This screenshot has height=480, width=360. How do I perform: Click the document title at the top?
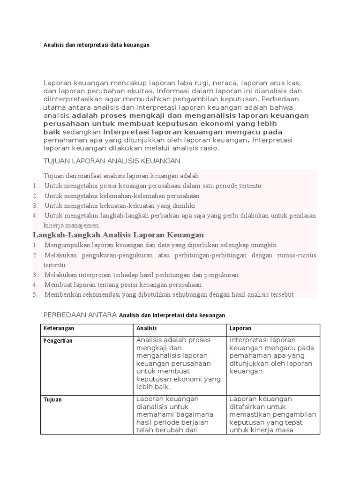tap(96, 45)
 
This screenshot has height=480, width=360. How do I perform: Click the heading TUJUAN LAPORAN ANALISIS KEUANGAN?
tap(112, 161)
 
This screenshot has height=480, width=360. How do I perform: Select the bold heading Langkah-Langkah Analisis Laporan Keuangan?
tap(118, 235)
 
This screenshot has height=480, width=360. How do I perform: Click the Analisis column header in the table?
tap(147, 329)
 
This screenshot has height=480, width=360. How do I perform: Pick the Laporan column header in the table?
tap(240, 329)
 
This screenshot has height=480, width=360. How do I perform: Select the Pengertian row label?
tap(58, 341)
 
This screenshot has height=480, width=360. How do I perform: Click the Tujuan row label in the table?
tap(52, 400)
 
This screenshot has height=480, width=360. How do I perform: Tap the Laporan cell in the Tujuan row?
tap(273, 414)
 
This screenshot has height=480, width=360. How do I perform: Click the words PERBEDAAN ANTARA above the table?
tap(80, 315)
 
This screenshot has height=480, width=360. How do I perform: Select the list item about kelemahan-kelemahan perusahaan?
tap(122, 196)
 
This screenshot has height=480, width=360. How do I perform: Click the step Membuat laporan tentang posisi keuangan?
tap(123, 285)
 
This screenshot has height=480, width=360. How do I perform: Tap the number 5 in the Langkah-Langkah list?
tap(35, 294)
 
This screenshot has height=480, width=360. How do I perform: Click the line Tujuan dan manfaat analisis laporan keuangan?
tap(123, 176)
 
